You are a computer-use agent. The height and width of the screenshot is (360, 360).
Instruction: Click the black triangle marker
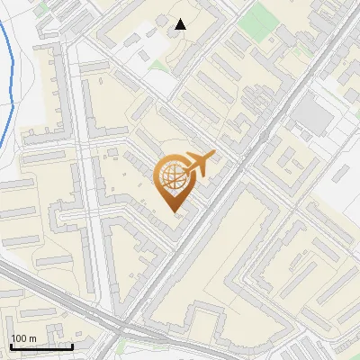[181, 24]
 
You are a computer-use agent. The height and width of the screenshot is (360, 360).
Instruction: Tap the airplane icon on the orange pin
[199, 164]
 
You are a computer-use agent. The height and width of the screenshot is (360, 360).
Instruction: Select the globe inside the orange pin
[173, 178]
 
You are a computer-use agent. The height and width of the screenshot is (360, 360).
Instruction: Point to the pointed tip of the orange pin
[173, 211]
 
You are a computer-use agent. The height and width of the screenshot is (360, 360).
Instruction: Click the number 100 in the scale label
[19, 338]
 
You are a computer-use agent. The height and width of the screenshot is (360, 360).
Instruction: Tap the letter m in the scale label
[32, 338]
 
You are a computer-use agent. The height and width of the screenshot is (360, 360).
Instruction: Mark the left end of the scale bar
[10, 346]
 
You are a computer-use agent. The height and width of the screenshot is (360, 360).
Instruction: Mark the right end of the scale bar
[72, 346]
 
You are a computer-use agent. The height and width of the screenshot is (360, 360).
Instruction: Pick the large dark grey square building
[311, 112]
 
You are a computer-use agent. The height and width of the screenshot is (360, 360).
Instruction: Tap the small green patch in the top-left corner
[40, 5]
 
